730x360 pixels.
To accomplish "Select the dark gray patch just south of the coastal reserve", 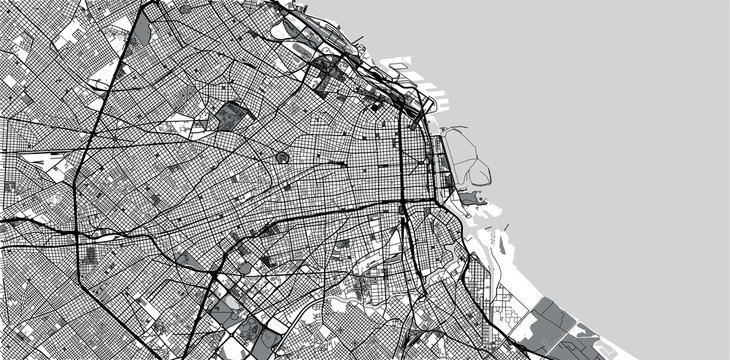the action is pyautogui.click(x=478, y=200).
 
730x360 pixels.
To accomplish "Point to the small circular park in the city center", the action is pyautogui.click(x=282, y=157).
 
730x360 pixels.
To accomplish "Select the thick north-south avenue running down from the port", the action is pyautogui.click(x=401, y=150).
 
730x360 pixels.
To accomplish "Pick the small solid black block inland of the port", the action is pyautogui.click(x=377, y=105).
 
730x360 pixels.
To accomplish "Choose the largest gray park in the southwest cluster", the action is pyautogui.click(x=245, y=330).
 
